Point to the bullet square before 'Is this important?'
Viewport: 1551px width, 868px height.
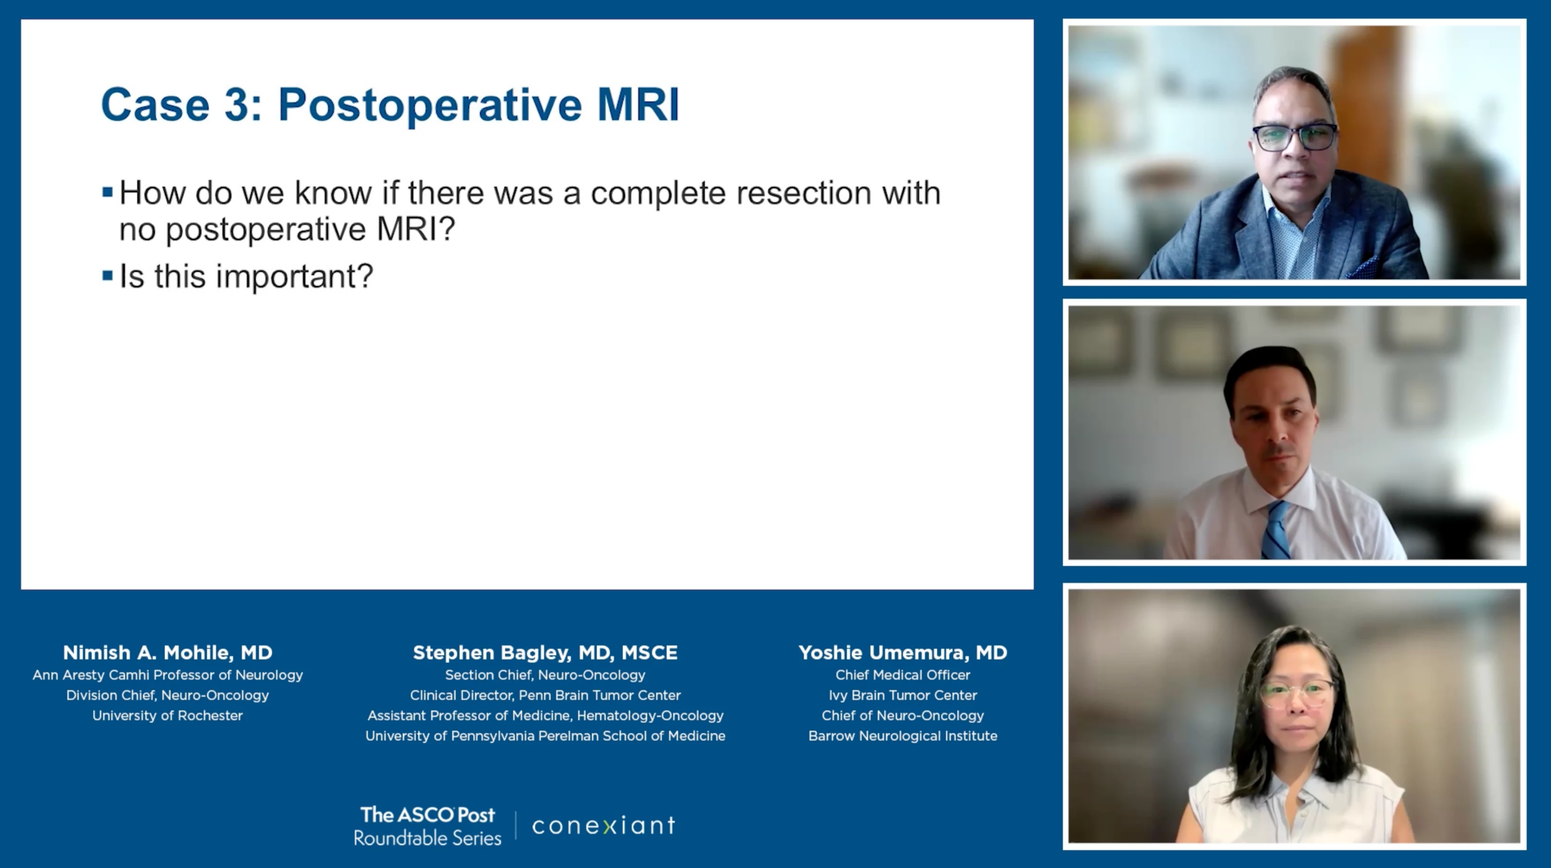[x=108, y=276]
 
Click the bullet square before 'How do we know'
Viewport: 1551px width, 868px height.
[x=108, y=193]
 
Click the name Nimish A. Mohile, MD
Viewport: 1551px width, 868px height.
[x=167, y=652]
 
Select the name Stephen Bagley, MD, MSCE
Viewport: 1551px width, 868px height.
[x=545, y=652]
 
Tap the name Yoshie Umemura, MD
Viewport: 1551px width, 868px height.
[x=902, y=652]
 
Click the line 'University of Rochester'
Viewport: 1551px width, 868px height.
[x=167, y=716]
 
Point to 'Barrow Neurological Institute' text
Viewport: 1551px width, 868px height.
[x=902, y=736]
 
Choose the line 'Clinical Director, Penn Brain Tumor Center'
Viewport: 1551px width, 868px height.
[x=545, y=695]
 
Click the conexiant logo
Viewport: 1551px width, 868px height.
[x=603, y=826]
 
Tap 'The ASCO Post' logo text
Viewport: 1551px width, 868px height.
[x=427, y=815]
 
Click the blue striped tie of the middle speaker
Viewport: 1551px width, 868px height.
[x=1275, y=530]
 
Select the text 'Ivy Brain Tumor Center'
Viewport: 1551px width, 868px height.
[x=902, y=695]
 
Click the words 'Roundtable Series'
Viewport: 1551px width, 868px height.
[x=427, y=838]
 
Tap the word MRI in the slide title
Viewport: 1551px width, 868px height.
[x=638, y=105]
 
